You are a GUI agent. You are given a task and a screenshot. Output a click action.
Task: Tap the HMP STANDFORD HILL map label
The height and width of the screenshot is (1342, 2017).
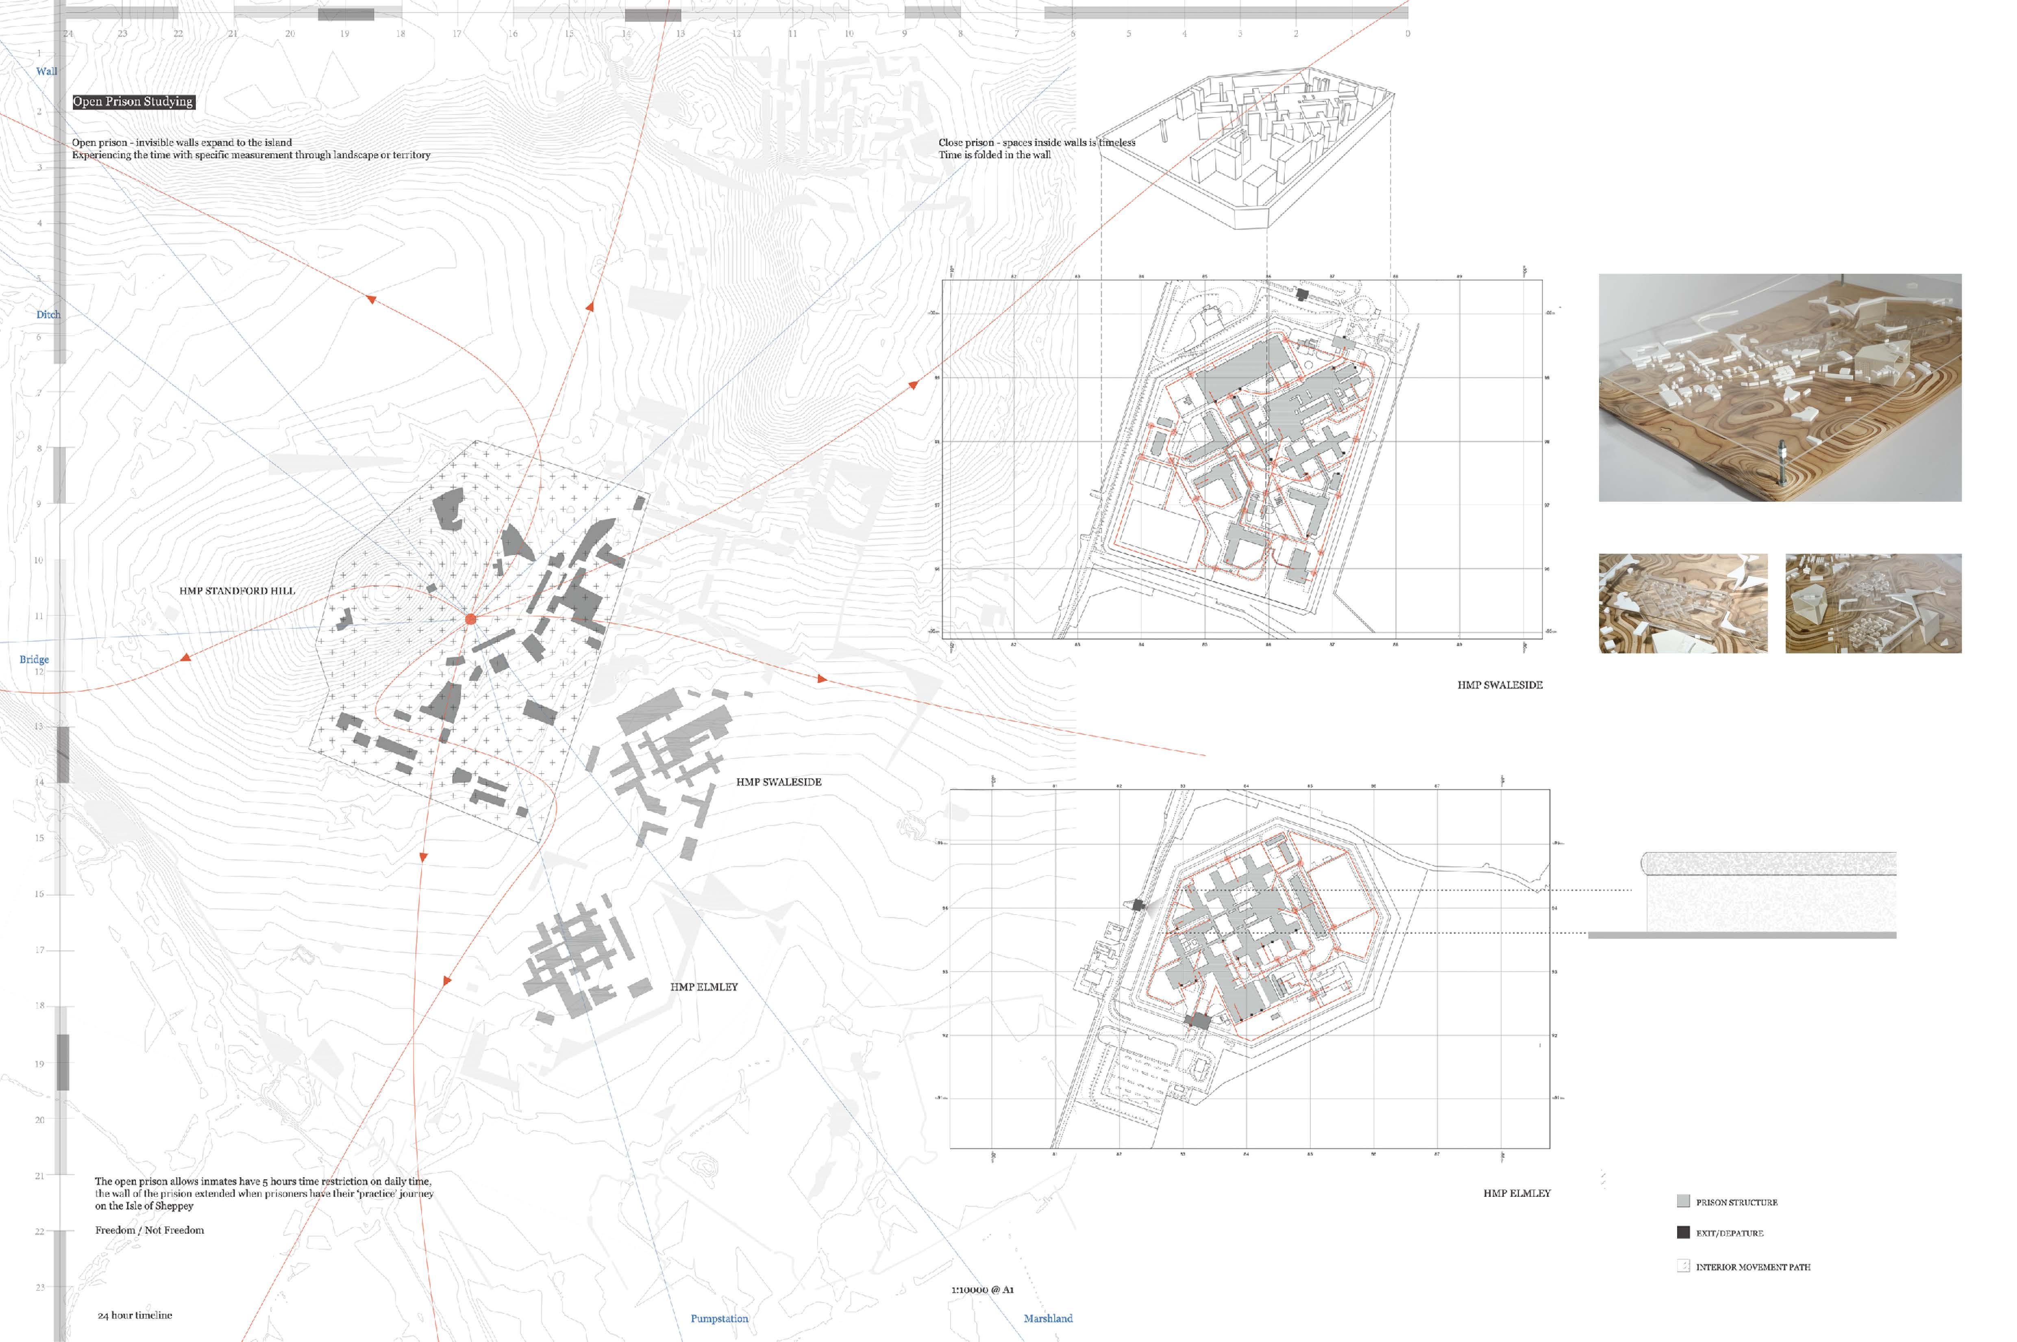tap(237, 590)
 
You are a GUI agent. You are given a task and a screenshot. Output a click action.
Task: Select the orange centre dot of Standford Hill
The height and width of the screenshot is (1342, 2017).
tap(470, 619)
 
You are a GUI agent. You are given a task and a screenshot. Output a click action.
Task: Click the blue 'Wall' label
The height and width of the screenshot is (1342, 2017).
tap(47, 71)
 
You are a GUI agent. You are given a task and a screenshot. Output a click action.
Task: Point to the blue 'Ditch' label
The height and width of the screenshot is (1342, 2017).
tap(48, 314)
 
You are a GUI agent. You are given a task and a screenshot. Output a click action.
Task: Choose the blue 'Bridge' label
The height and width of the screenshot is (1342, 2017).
tap(34, 659)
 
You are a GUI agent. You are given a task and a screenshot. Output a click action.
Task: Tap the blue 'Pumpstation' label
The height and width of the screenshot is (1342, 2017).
tap(719, 1318)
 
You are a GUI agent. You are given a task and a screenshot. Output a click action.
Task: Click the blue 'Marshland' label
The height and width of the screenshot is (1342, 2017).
tap(1047, 1318)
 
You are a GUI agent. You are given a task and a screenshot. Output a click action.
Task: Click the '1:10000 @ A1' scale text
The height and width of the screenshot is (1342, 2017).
tap(982, 1289)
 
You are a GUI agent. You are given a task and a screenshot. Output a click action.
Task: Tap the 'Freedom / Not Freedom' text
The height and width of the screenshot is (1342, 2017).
tap(150, 1230)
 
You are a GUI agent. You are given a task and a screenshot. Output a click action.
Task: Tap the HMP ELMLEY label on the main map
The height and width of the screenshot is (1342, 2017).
tap(703, 987)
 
